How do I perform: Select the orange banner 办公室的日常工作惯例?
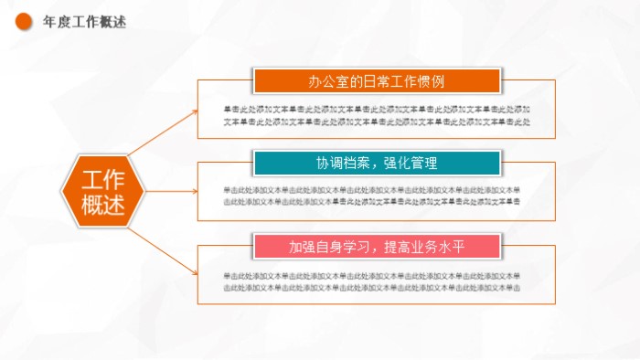point(377,80)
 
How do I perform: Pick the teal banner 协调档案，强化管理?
point(377,164)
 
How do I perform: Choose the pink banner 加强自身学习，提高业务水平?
point(377,247)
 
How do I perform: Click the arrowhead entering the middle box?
point(194,192)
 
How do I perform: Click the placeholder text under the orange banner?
point(377,115)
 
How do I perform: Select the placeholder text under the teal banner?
point(371,195)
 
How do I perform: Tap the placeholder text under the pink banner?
point(371,281)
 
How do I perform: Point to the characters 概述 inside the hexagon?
point(101,206)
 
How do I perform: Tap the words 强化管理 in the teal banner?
point(411,164)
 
